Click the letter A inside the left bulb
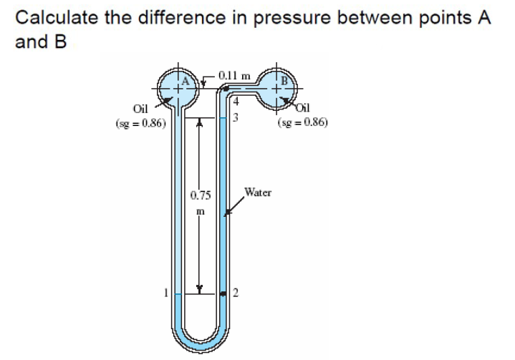click(x=184, y=82)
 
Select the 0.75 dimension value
click(x=200, y=195)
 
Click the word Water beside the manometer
click(x=256, y=192)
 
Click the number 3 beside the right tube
click(x=232, y=119)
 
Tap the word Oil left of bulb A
click(x=140, y=109)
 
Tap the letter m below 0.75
click(x=201, y=212)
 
